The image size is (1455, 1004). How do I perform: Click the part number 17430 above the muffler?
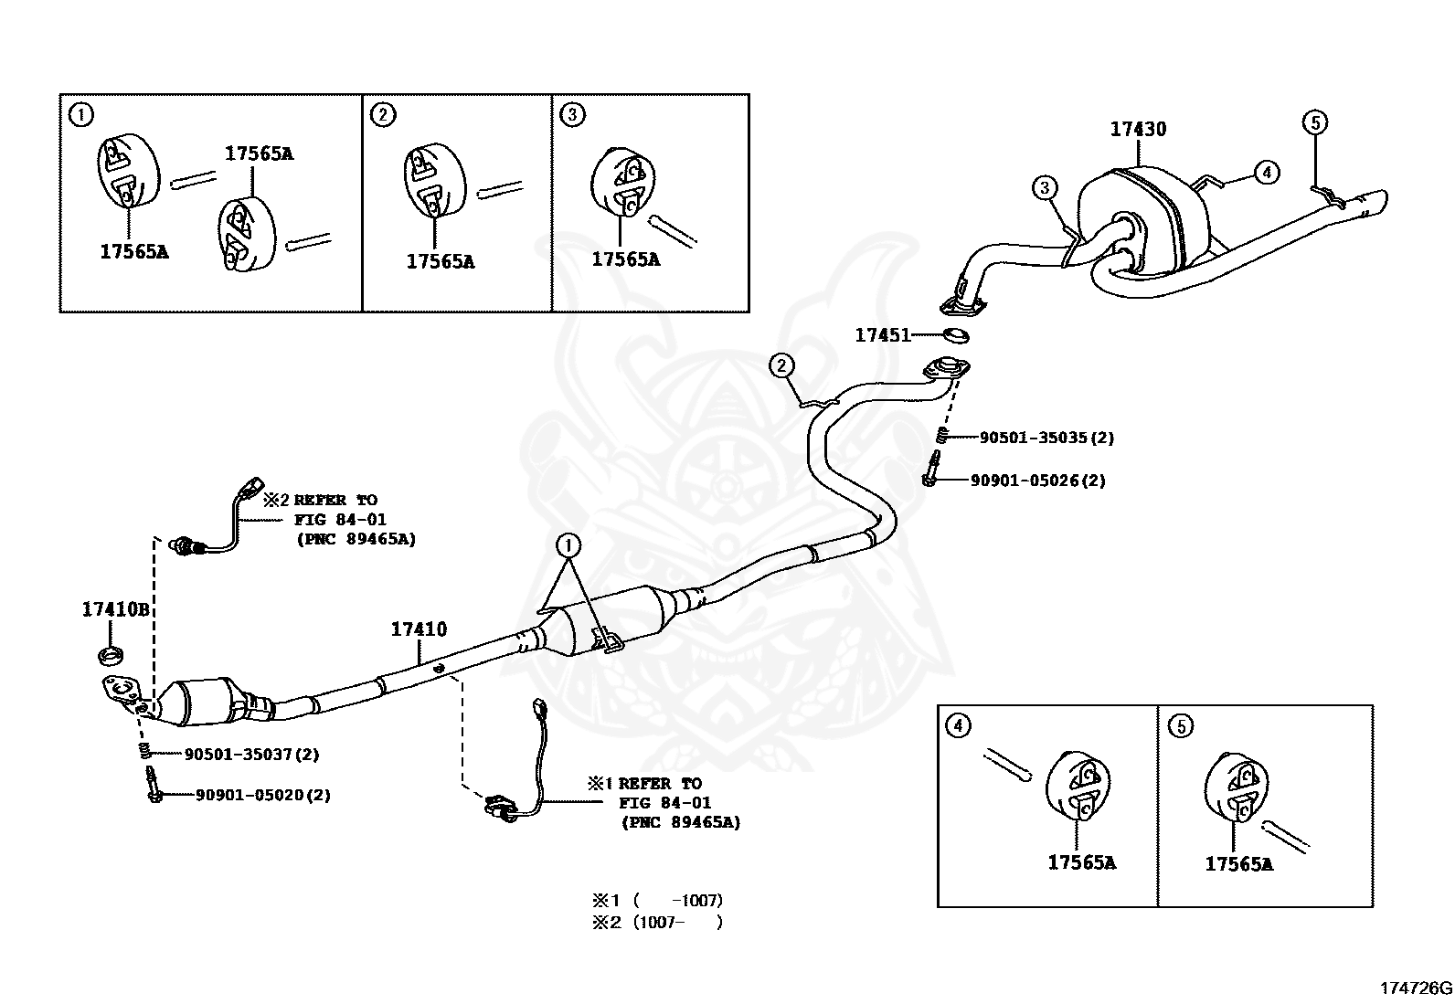pos(1138,130)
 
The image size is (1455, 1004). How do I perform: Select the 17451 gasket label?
pos(882,335)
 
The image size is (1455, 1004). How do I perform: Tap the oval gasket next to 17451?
pos(954,335)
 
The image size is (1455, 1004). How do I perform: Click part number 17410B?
pos(115,609)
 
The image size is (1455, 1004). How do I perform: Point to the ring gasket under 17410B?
pos(110,654)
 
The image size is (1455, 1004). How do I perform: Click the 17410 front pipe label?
pos(419,629)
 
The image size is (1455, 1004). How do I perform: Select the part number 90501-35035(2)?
pos(1046,438)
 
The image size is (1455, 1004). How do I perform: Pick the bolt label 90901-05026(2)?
pos(1038,480)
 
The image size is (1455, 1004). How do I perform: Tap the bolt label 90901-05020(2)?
pos(262,795)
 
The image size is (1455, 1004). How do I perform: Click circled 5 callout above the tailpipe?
pos(1314,122)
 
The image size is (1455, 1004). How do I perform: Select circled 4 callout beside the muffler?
pos(1267,171)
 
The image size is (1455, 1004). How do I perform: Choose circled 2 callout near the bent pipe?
pos(781,366)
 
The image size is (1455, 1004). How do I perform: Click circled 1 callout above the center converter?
pos(568,545)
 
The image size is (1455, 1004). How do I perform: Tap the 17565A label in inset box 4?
pos(1081,861)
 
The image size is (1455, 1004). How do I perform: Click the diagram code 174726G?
pos(1415,988)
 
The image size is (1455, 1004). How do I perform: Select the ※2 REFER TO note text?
pos(320,501)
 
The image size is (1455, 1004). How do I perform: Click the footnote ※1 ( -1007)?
pos(656,901)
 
